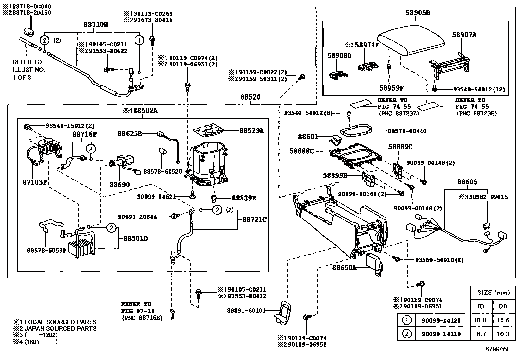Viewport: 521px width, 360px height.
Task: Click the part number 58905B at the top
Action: (x=418, y=13)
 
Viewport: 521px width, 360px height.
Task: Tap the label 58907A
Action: (x=464, y=35)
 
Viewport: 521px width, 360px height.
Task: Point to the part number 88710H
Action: (x=96, y=24)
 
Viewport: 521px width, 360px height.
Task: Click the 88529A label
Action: (x=252, y=130)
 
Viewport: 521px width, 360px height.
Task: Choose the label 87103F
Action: (x=35, y=182)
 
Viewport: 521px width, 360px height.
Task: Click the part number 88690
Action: (x=119, y=185)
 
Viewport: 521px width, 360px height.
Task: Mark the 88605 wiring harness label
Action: (x=467, y=182)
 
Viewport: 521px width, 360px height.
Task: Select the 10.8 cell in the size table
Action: (x=480, y=320)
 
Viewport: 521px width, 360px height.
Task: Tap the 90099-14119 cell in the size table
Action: (x=441, y=334)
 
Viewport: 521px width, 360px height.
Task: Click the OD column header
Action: (x=503, y=306)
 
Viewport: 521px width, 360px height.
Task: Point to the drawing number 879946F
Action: (x=497, y=349)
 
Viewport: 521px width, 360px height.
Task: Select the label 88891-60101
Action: (x=246, y=310)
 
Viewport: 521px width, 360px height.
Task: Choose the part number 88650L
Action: (x=344, y=268)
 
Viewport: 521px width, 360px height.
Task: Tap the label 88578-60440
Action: (x=407, y=131)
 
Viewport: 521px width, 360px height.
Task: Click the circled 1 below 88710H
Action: (x=139, y=40)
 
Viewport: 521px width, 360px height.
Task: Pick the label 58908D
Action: (x=339, y=56)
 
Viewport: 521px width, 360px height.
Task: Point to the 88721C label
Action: (x=254, y=220)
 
